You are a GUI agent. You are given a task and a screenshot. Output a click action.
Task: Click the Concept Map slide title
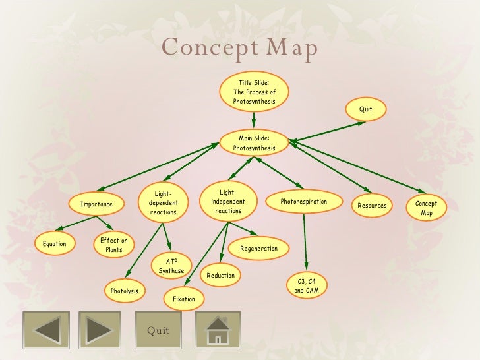coord(240,48)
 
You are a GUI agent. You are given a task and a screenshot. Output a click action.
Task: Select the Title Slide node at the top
coord(254,92)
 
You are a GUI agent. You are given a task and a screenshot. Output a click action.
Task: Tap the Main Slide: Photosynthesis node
coord(254,143)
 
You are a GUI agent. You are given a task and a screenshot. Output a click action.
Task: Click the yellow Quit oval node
coord(365,109)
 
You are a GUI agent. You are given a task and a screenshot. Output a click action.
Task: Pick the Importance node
coord(96,204)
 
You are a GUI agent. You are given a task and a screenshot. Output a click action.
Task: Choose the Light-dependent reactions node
coord(163,203)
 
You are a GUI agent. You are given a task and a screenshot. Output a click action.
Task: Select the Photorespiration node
coord(303,202)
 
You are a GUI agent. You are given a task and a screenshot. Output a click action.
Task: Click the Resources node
coord(372,206)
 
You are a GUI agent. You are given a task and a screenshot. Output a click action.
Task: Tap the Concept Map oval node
coord(427,208)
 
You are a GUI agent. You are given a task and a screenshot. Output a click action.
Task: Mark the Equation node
coord(54,244)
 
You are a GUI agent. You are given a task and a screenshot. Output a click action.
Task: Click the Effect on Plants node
coord(114,245)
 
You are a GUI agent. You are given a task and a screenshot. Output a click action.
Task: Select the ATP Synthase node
coord(171,266)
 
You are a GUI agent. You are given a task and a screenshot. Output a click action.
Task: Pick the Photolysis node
coord(124,291)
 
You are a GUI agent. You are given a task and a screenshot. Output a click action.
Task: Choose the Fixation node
coord(184,299)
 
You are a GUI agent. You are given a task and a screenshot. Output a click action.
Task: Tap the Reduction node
coord(220,275)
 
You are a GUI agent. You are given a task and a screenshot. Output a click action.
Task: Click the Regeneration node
coord(258,249)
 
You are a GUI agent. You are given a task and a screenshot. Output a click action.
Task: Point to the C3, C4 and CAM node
coord(305,286)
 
